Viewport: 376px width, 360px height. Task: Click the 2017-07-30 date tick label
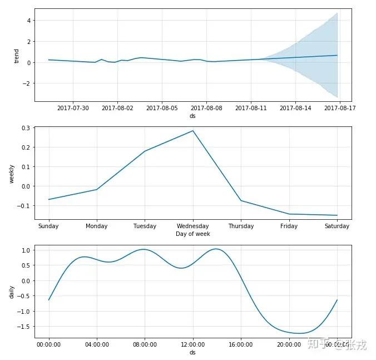(73, 108)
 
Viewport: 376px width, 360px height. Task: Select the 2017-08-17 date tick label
(340, 108)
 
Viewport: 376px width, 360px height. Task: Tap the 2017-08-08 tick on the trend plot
(206, 108)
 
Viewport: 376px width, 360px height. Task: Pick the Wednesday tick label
(192, 226)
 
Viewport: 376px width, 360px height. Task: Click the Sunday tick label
(48, 226)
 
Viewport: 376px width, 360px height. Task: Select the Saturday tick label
(337, 226)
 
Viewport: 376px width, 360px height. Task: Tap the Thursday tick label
(241, 226)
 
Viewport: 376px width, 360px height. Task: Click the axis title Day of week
(192, 234)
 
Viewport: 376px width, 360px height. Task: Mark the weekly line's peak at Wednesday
(193, 131)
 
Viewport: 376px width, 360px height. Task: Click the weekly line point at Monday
(97, 190)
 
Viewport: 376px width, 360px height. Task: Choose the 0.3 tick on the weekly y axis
(26, 128)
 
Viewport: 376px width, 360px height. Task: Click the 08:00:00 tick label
(145, 345)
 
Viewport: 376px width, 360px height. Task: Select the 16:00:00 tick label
(241, 345)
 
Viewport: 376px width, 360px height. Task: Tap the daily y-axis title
(12, 292)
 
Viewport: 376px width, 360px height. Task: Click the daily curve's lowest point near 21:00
(300, 333)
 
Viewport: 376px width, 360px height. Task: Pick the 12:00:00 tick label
(192, 345)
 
